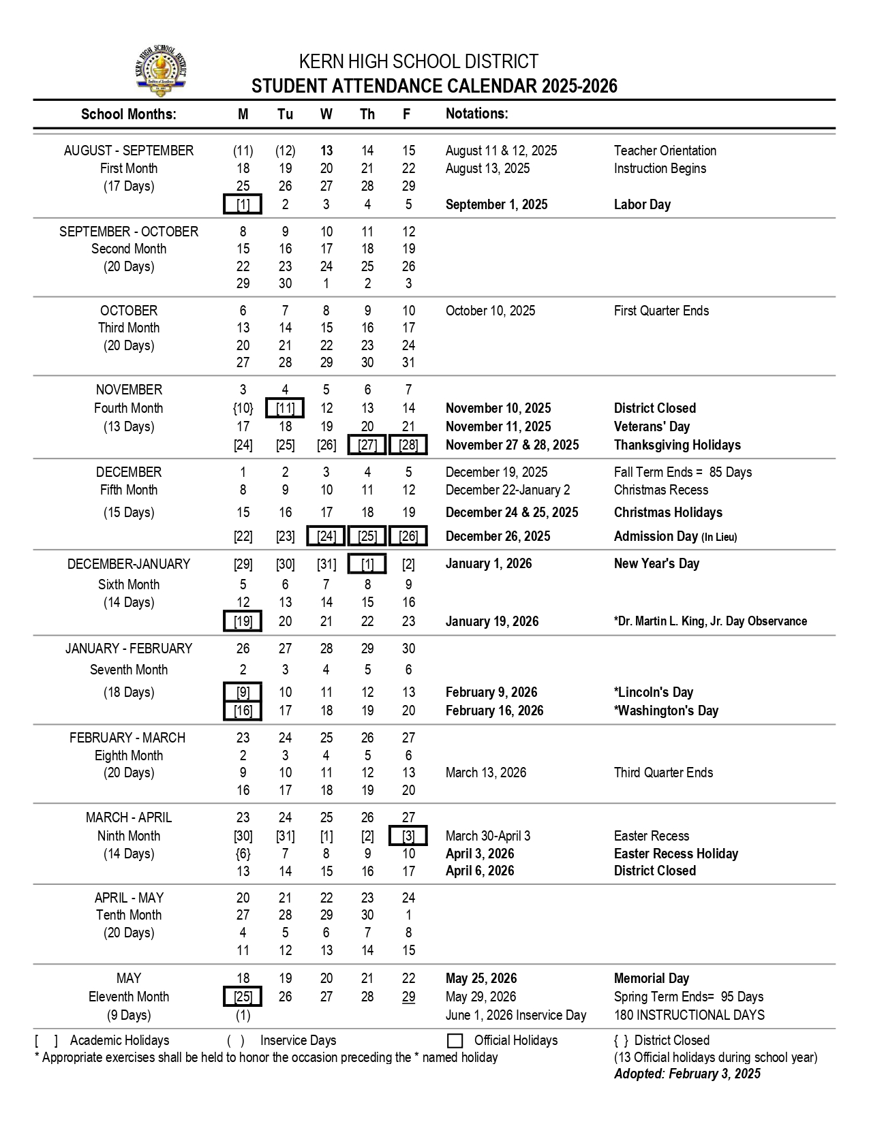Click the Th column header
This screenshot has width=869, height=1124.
click(x=367, y=114)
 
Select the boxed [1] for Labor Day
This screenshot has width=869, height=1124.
click(x=243, y=204)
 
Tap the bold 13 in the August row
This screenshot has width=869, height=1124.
click(x=326, y=151)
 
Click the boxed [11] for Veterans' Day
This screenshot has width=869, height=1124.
click(x=285, y=408)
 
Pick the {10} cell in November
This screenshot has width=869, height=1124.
click(x=243, y=408)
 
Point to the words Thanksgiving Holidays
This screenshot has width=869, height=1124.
click(x=677, y=445)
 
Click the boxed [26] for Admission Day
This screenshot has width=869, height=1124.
click(x=408, y=536)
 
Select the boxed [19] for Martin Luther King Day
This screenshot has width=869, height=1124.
click(x=243, y=621)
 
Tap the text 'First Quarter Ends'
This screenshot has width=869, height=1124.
click(x=661, y=311)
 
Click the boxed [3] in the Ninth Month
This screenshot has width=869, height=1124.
click(x=408, y=836)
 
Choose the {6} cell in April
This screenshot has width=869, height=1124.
click(x=243, y=854)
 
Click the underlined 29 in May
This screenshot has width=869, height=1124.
click(x=408, y=997)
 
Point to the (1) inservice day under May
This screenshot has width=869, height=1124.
click(x=243, y=1015)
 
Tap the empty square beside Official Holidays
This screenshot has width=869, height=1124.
click(x=455, y=1041)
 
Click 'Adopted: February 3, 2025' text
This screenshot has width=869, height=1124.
click(x=687, y=1074)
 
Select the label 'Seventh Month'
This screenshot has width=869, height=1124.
click(x=129, y=670)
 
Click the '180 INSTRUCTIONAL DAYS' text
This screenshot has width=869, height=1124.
click(x=689, y=1015)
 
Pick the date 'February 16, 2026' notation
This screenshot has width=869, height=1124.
click(x=494, y=711)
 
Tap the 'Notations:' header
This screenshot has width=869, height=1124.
click(x=476, y=114)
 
